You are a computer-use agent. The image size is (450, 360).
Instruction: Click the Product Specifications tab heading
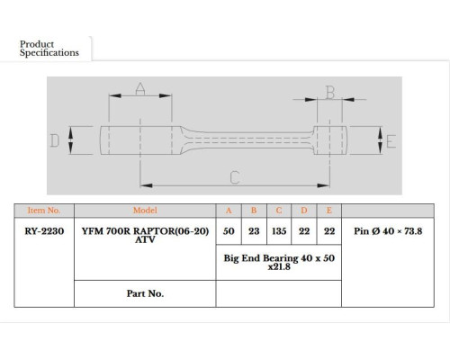[49, 49]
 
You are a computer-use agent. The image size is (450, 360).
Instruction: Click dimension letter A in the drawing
[140, 88]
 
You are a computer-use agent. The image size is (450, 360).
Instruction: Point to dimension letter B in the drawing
[330, 93]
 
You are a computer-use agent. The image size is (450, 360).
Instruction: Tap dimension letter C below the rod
[235, 177]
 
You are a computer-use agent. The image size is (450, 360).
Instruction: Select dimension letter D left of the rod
[54, 140]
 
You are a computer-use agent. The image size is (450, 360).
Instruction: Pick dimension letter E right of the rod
[391, 141]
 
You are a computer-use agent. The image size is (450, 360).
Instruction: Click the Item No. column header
[44, 211]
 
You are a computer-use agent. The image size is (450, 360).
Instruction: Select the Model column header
[145, 211]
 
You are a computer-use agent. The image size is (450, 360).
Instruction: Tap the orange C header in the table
[279, 211]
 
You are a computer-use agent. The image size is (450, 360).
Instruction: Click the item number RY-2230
[44, 231]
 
